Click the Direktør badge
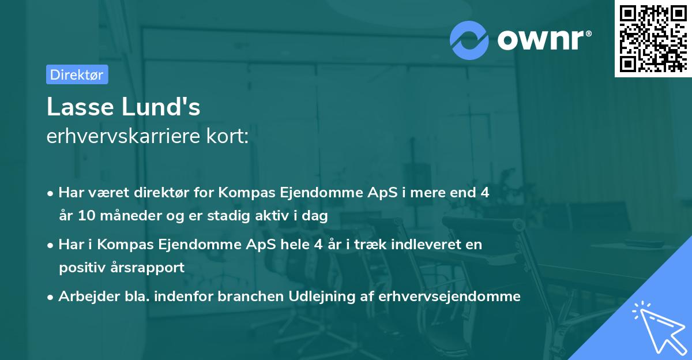(x=77, y=74)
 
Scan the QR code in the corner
(x=652, y=38)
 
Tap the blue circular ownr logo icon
(x=469, y=40)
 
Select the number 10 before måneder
(x=84, y=216)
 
